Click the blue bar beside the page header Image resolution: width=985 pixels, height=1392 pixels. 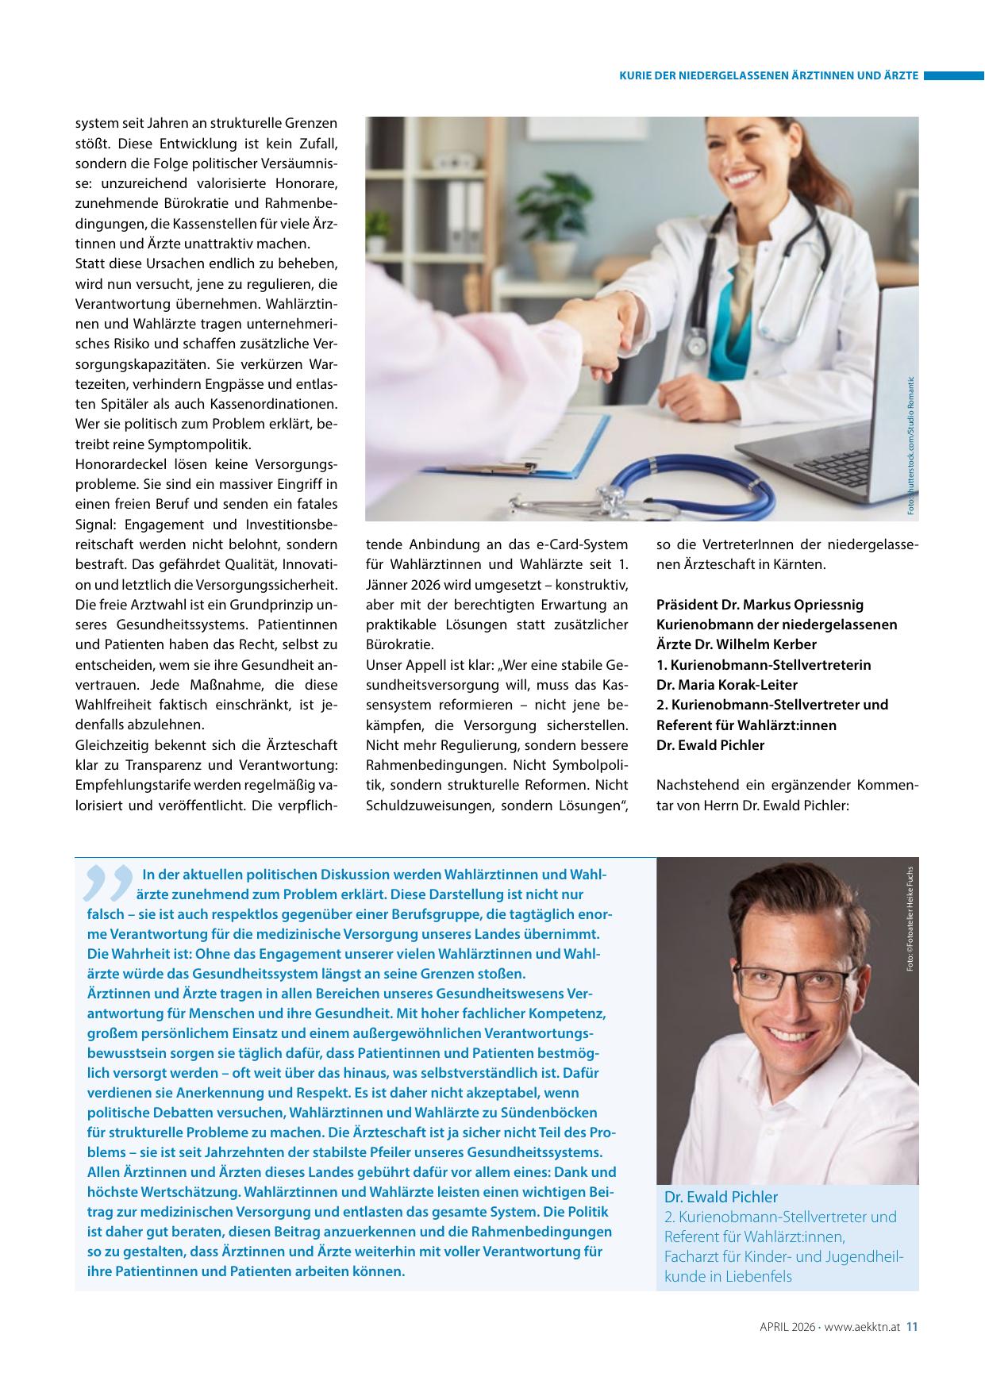pos(952,76)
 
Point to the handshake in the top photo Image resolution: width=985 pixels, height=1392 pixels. pos(615,325)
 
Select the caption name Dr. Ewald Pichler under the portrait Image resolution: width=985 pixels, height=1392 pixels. pos(721,1197)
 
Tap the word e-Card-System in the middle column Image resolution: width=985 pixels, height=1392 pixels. pos(583,544)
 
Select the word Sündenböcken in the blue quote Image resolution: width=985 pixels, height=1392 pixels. pos(555,1113)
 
